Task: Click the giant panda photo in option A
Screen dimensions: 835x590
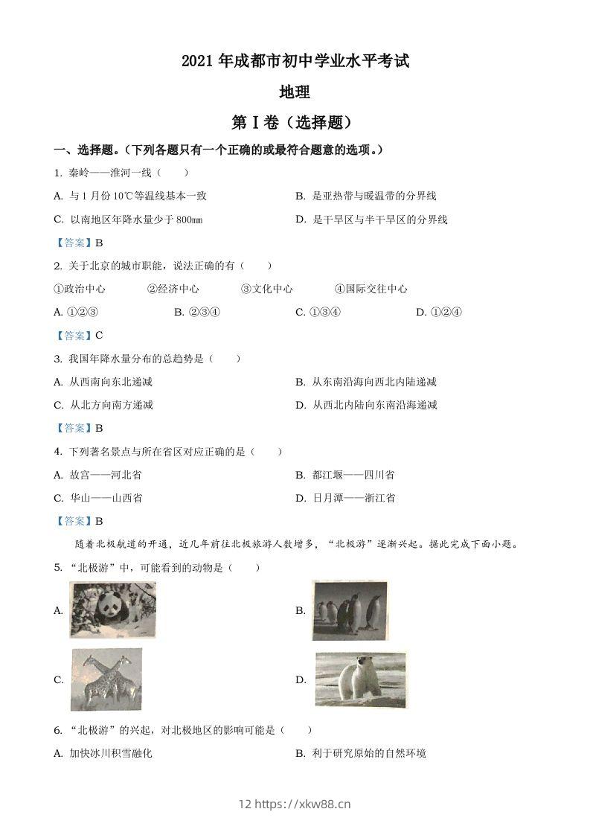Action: pyautogui.click(x=112, y=610)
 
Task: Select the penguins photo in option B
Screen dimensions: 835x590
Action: pyautogui.click(x=350, y=610)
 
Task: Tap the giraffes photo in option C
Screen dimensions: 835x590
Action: pyautogui.click(x=106, y=679)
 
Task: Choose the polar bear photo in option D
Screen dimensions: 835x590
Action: pyautogui.click(x=361, y=679)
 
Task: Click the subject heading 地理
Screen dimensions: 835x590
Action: pyautogui.click(x=294, y=92)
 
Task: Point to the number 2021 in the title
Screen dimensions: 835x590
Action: pyautogui.click(x=197, y=62)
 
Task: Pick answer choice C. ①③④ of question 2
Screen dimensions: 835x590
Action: pyautogui.click(x=318, y=312)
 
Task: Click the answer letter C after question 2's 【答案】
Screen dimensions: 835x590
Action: pyautogui.click(x=99, y=335)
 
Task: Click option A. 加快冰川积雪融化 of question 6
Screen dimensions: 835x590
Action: pyautogui.click(x=103, y=753)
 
